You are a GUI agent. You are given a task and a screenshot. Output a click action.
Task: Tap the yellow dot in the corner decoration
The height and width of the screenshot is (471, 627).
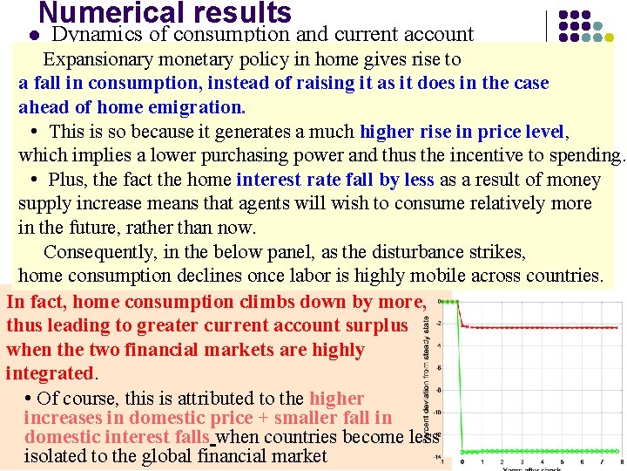coord(608,38)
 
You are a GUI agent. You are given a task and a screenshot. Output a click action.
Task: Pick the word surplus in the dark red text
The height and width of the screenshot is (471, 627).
coord(375,325)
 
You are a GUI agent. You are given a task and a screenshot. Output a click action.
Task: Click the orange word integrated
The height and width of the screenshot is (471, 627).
coord(49,373)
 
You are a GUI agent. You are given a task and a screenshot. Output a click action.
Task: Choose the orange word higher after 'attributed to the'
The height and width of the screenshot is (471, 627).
coord(336,399)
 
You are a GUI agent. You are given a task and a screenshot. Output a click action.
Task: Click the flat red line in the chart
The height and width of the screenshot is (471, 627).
coord(540,327)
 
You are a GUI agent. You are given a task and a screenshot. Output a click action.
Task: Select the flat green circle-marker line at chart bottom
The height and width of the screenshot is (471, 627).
coord(540,452)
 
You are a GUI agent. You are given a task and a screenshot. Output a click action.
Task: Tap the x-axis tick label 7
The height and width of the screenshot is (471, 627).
coord(600,461)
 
